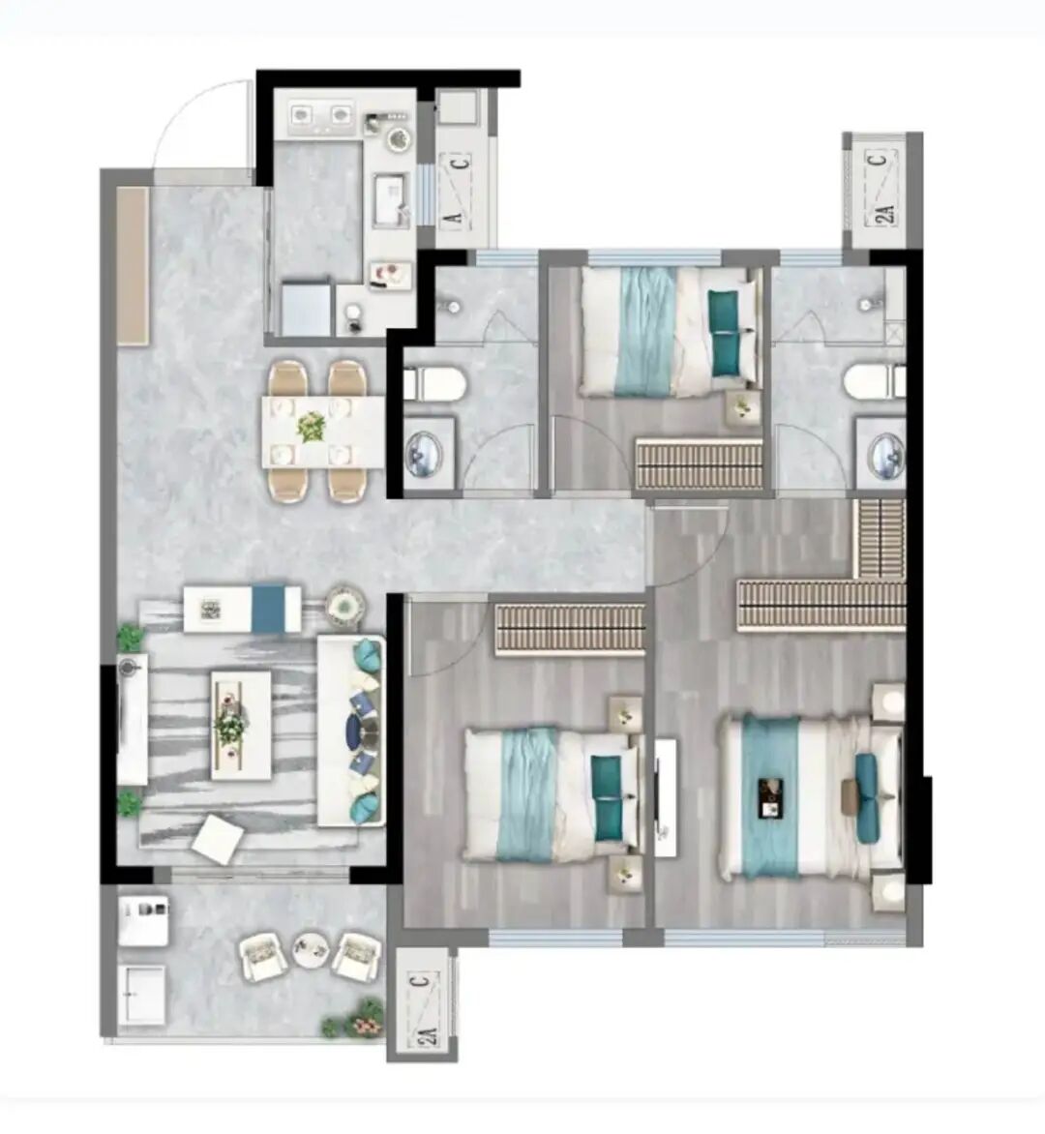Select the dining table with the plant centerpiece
click(323, 432)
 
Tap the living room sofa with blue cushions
click(350, 731)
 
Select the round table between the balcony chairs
click(311, 948)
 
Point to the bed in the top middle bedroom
click(672, 331)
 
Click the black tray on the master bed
click(771, 797)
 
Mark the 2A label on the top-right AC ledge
click(885, 213)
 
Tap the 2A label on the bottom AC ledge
click(428, 1036)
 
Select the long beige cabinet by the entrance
click(134, 266)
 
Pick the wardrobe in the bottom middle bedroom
click(570, 630)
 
